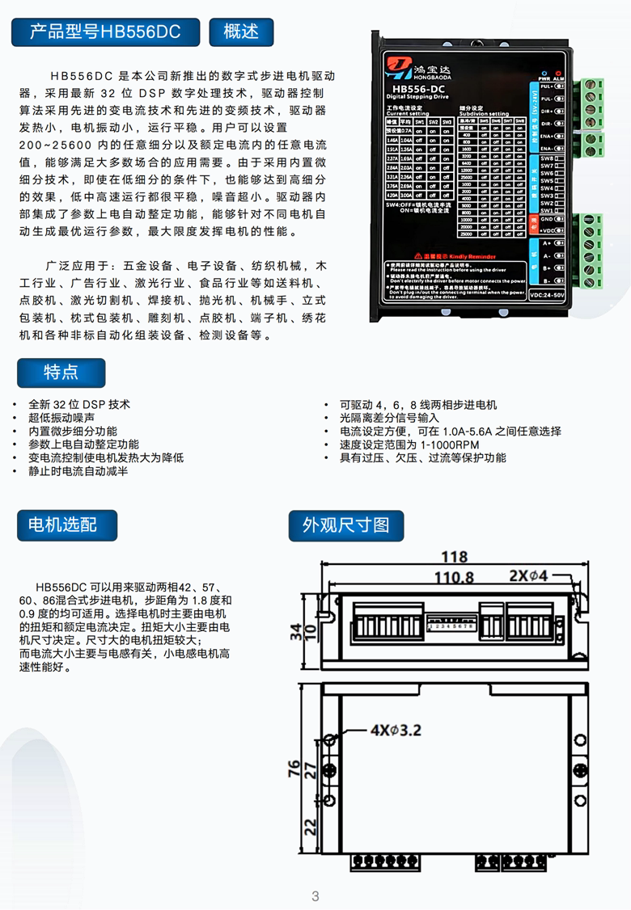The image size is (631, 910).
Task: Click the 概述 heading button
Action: [241, 32]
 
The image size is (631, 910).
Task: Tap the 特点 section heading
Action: [61, 372]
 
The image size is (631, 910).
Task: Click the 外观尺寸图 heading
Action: [345, 525]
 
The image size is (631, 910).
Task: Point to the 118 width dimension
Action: [454, 556]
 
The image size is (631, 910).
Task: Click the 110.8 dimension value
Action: [454, 577]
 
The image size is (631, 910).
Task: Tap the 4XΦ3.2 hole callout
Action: [396, 729]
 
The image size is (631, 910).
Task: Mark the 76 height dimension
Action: [294, 769]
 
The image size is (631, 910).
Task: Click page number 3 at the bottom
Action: [315, 895]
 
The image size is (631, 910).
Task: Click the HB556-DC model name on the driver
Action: [417, 89]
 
